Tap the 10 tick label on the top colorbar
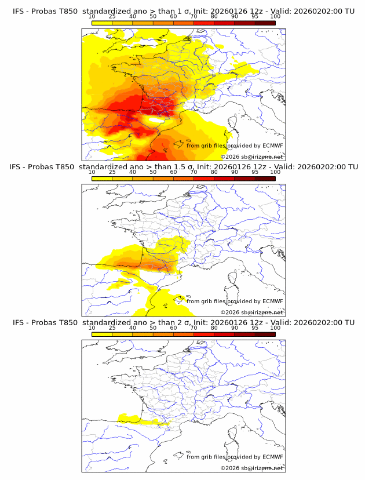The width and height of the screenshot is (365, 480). (92, 17)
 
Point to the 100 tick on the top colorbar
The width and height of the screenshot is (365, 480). (275, 17)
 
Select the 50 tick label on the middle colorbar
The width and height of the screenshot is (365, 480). (153, 173)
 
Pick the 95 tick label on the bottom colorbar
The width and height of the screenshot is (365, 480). (255, 328)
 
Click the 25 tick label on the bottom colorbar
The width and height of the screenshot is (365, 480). (112, 328)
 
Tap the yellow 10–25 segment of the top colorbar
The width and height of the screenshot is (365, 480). (101, 23)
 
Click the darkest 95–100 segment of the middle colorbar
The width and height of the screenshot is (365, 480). (265, 179)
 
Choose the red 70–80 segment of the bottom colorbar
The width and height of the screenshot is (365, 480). (204, 334)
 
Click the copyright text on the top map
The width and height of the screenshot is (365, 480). (252, 157)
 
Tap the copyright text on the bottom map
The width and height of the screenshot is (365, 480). (252, 468)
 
